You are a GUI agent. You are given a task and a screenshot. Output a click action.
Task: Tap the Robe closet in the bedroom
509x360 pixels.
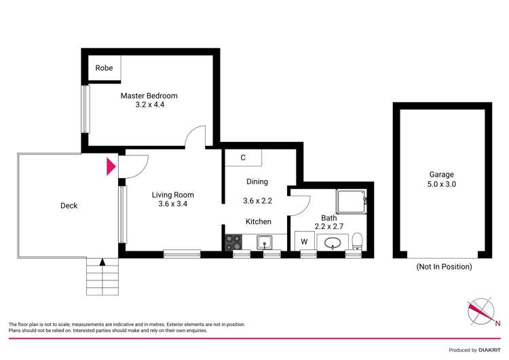104,68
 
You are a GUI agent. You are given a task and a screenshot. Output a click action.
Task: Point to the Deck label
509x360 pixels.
69,206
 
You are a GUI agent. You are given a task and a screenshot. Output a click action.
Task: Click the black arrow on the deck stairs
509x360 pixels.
102,262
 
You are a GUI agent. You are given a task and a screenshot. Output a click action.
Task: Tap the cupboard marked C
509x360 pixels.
242,158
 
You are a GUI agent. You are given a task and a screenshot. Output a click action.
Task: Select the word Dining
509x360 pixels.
257,181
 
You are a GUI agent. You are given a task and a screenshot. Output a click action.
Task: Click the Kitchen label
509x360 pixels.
258,221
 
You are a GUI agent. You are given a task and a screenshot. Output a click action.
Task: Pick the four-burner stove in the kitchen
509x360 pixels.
233,242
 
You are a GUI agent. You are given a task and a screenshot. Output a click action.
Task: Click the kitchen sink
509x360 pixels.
264,242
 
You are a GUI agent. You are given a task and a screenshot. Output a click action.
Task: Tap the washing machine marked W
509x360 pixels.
304,241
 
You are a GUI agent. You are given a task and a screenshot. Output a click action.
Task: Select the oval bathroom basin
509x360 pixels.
333,242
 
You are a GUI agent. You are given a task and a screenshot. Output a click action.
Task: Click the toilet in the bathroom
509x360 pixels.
357,240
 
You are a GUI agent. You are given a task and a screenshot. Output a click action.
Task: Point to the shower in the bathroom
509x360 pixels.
352,201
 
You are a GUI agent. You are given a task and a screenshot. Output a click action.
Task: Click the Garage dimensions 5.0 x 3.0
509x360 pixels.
441,184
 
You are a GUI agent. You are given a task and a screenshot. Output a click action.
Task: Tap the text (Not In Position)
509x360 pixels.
443,267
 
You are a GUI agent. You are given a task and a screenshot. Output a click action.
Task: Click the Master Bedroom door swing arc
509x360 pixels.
195,135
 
